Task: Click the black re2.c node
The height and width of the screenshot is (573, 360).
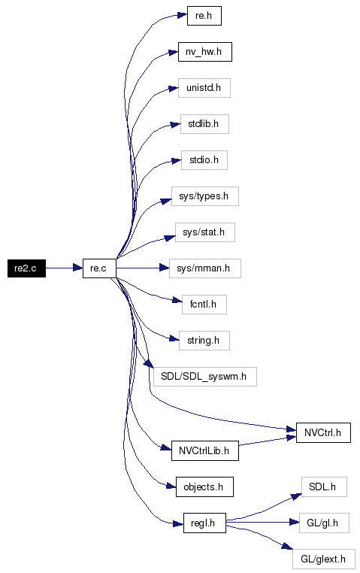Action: (26, 268)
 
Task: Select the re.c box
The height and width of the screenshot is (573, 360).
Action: (99, 268)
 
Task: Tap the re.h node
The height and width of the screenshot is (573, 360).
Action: (204, 16)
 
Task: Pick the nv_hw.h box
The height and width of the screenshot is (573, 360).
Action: (205, 52)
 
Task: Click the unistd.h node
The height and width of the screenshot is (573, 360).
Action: (204, 88)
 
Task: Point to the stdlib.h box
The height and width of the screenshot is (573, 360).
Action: (204, 124)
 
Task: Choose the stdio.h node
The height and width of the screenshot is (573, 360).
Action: (204, 160)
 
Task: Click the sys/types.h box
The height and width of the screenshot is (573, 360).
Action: (205, 196)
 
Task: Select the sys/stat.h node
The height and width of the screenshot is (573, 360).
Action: (205, 232)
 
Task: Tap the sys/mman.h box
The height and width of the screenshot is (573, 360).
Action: (205, 268)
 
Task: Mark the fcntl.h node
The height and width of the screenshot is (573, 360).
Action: (204, 305)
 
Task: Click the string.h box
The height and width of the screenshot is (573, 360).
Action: (204, 341)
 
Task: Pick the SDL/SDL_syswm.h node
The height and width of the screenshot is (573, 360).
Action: (205, 377)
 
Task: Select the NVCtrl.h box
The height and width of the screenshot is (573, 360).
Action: (323, 432)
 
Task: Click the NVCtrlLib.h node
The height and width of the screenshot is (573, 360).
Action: (205, 450)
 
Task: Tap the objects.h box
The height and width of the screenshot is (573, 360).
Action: (204, 487)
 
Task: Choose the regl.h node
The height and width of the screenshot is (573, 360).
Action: (204, 523)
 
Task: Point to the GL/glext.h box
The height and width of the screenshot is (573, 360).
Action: (323, 559)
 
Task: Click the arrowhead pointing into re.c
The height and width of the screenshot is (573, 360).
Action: (77, 268)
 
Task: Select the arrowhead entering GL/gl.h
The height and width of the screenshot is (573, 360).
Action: (295, 523)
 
